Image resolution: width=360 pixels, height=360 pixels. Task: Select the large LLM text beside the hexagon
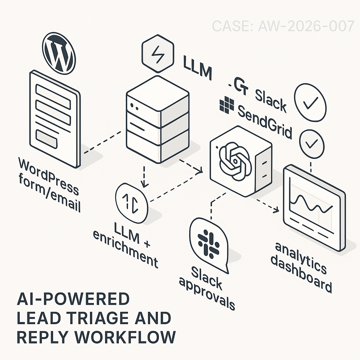(198, 67)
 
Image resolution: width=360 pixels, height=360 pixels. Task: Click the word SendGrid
(265, 121)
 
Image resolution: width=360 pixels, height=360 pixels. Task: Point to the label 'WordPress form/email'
(49, 185)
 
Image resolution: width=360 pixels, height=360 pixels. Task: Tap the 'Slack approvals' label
(206, 287)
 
